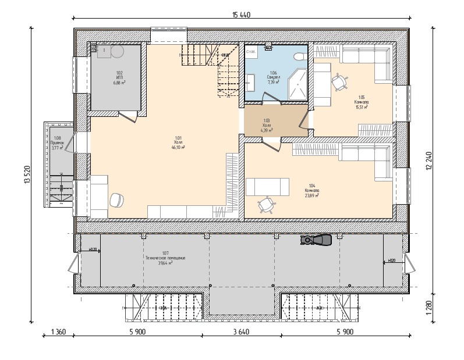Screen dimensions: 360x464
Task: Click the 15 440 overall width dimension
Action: [x=241, y=15]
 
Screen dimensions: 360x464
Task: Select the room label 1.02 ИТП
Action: [x=120, y=78]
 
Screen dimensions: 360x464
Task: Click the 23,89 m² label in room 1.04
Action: [x=311, y=196]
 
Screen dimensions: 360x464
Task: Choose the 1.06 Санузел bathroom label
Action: [x=273, y=77]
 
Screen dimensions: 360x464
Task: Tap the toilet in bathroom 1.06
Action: [x=298, y=56]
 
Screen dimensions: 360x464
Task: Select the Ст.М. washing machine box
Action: [x=252, y=52]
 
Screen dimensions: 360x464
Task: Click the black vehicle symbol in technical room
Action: [x=316, y=239]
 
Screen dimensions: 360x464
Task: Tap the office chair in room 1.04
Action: [x=267, y=204]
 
